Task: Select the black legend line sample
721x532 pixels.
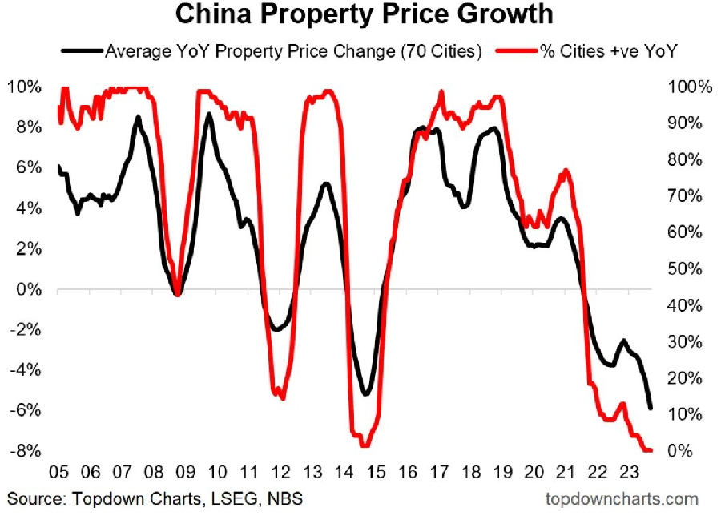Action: point(82,51)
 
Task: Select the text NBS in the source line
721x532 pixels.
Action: point(286,499)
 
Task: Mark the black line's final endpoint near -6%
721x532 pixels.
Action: point(651,409)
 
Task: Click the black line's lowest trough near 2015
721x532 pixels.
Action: point(365,394)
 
